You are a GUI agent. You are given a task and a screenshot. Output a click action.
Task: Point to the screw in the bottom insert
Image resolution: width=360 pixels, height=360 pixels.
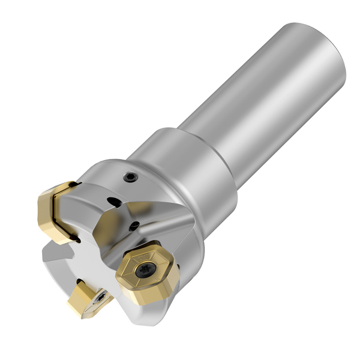pyautogui.click(x=103, y=296)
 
